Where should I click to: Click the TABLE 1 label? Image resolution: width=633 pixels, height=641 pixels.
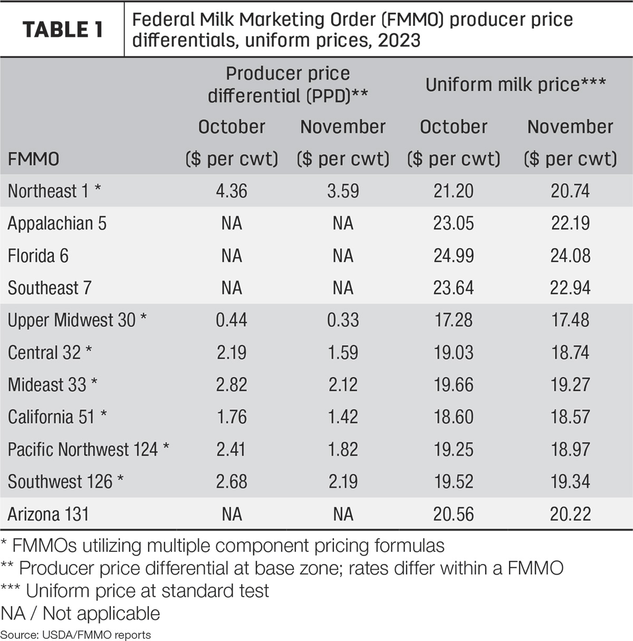(63, 30)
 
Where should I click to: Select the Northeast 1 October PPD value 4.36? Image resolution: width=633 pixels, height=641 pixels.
(232, 191)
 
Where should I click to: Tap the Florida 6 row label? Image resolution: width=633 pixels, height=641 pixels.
(38, 256)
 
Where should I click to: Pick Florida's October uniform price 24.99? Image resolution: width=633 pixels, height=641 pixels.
(453, 256)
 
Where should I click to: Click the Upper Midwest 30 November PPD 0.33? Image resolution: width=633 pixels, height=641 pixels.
(343, 320)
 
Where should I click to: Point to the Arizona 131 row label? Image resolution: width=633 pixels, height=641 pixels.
(48, 514)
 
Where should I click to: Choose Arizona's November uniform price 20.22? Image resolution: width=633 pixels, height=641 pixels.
(570, 514)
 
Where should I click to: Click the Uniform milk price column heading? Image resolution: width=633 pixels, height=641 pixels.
(515, 84)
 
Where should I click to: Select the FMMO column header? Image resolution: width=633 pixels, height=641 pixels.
(33, 159)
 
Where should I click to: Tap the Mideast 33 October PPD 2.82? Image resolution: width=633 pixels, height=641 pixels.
(232, 385)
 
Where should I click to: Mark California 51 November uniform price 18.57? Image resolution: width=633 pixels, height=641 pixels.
(570, 417)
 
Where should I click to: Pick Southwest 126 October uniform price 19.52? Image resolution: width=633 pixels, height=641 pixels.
(453, 481)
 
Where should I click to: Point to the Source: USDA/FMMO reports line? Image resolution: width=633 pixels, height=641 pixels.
(76, 635)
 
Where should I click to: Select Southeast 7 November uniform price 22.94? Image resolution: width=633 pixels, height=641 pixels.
(570, 288)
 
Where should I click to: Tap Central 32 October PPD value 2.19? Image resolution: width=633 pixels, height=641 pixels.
(232, 352)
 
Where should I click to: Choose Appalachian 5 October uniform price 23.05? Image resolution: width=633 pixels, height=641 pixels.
(453, 223)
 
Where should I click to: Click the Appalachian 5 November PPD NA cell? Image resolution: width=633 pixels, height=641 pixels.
(343, 223)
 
